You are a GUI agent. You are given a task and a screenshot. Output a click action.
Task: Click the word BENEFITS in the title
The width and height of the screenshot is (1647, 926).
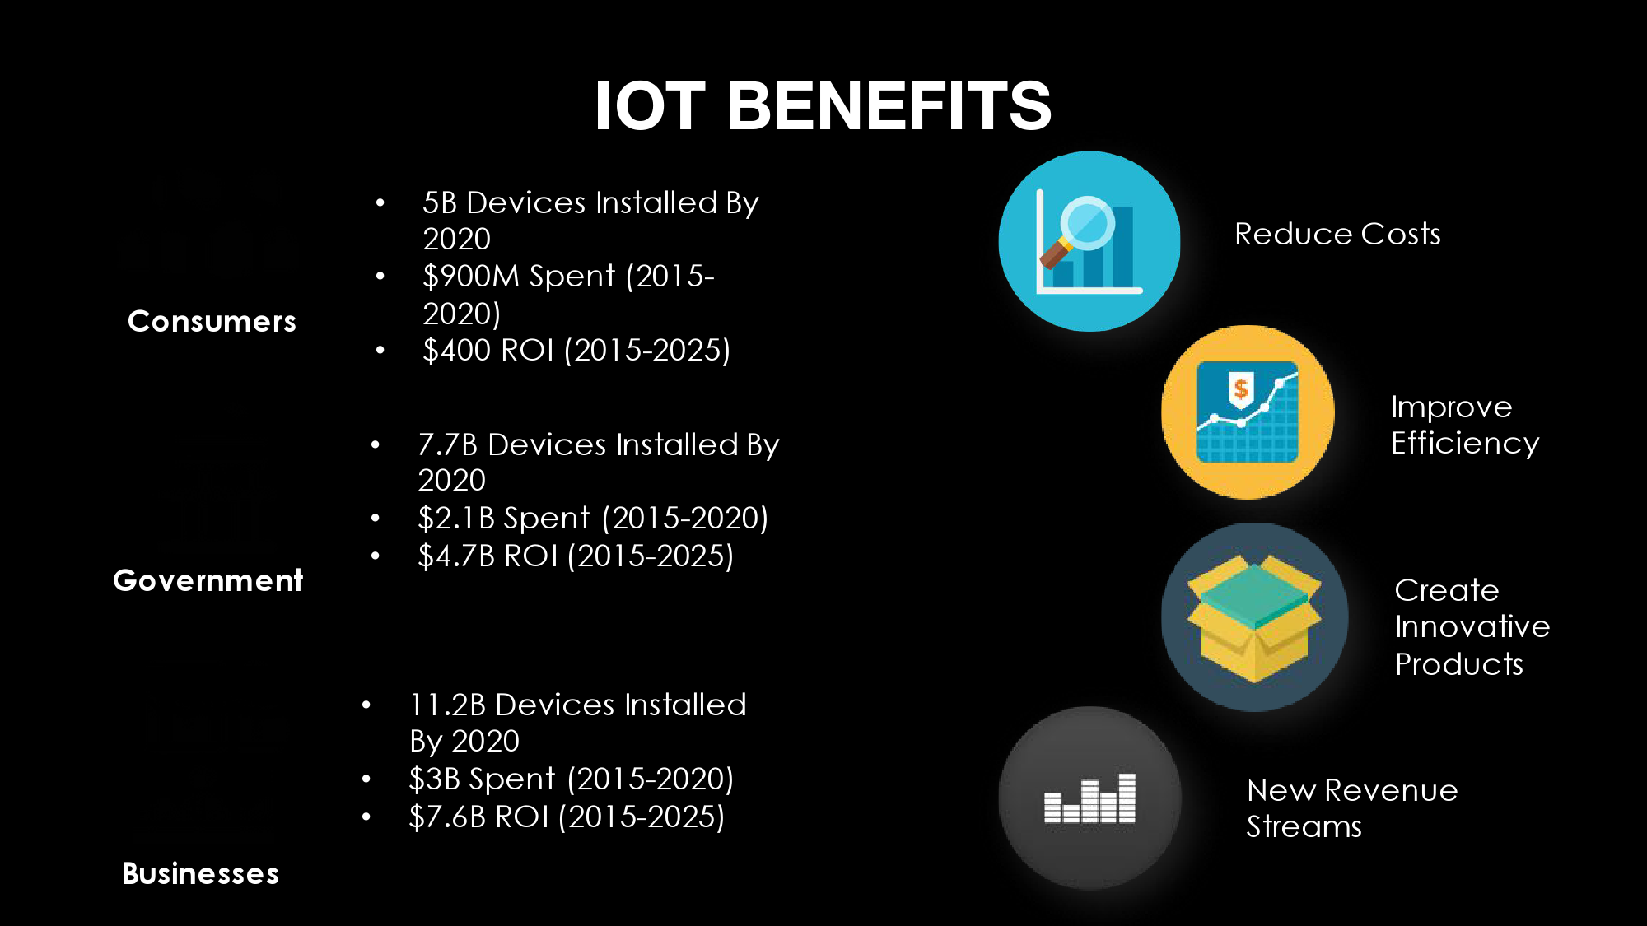(x=889, y=105)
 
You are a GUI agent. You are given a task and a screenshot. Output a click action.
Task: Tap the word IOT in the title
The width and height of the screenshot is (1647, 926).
(x=650, y=105)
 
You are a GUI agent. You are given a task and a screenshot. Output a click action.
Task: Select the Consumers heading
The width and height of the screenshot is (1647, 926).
(x=212, y=321)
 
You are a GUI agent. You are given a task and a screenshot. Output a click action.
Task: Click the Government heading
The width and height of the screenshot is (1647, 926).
(x=208, y=580)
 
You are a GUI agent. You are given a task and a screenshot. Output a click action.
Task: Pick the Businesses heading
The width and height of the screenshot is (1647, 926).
(x=201, y=873)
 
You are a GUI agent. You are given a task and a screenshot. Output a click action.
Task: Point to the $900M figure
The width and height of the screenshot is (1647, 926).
(x=472, y=277)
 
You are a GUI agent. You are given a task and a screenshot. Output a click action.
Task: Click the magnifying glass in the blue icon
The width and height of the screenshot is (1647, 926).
(x=1077, y=230)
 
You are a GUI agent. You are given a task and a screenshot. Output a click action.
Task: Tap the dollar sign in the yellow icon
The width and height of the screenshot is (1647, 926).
(x=1241, y=389)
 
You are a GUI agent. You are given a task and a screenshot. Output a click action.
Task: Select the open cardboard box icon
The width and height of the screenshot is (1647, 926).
(x=1254, y=617)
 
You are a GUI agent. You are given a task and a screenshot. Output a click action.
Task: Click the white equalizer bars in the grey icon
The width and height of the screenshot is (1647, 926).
(x=1090, y=798)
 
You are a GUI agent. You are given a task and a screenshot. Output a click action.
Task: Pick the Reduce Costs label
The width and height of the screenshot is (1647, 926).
(x=1338, y=234)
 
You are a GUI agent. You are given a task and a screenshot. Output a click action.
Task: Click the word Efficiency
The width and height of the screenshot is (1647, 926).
(x=1465, y=444)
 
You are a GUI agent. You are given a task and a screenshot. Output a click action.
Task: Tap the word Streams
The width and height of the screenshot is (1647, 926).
(x=1304, y=826)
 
